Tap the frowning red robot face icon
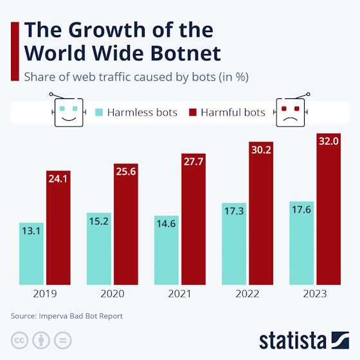(x=292, y=111)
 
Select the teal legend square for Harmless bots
(x=100, y=113)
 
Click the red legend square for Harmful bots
(x=192, y=113)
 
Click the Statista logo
(x=305, y=339)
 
